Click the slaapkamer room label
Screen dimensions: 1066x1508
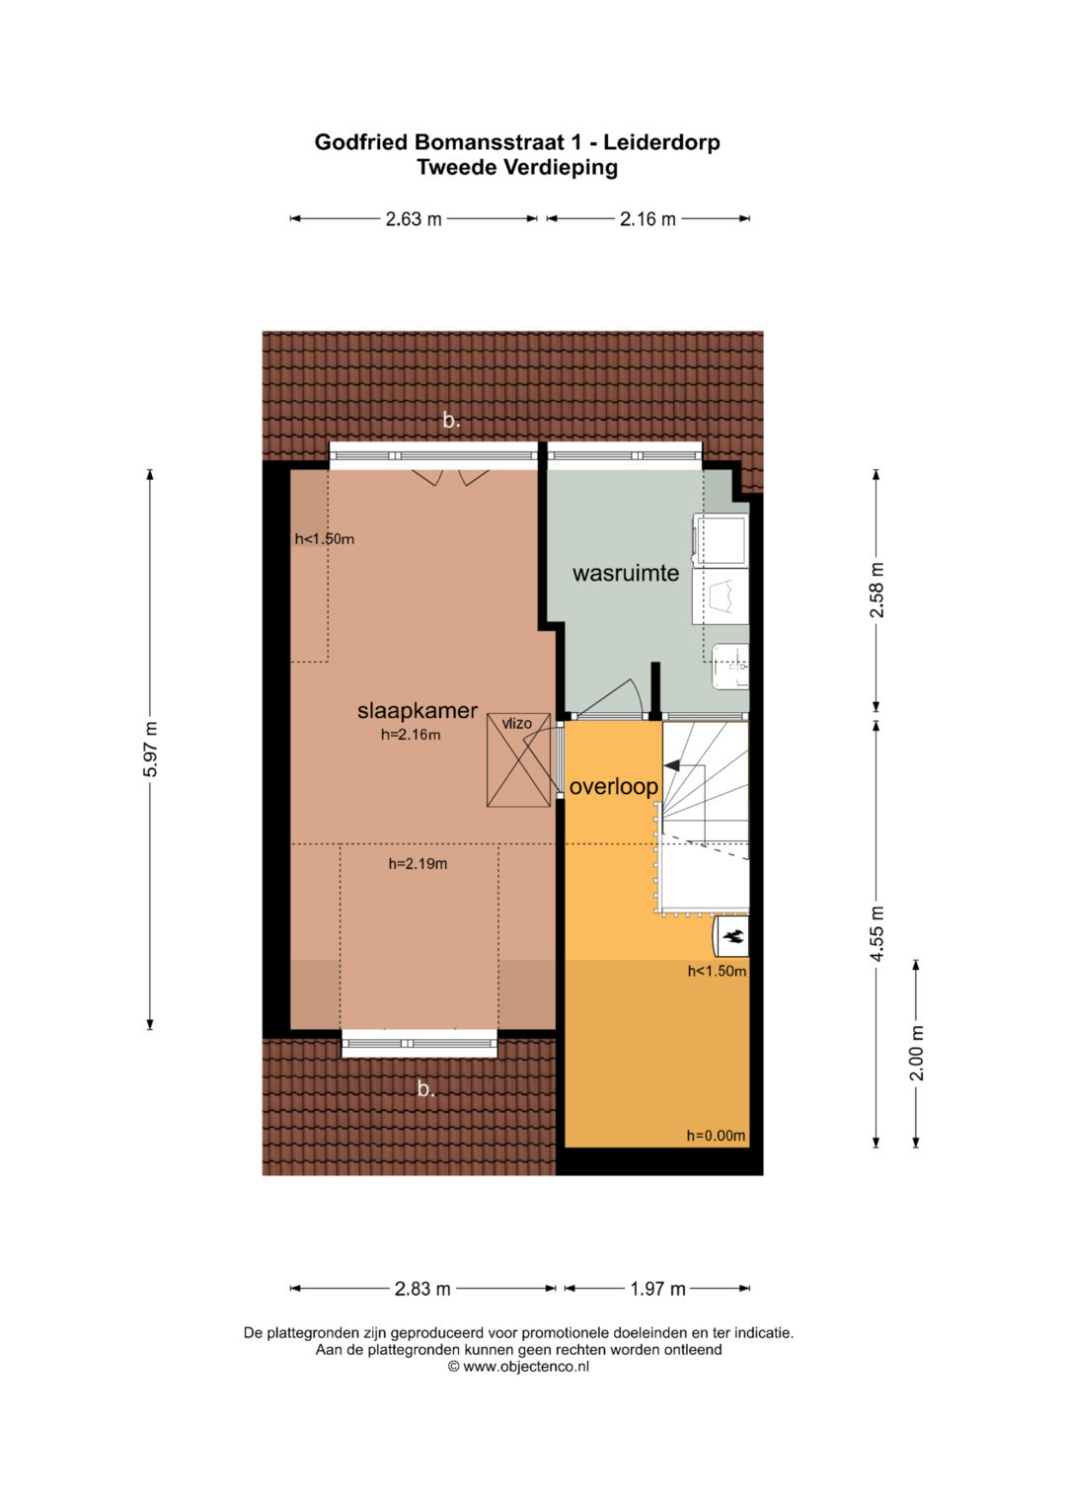418,710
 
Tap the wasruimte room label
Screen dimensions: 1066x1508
625,574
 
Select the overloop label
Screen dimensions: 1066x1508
613,786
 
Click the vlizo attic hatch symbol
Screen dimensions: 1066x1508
518,760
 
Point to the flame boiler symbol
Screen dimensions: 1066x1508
732,935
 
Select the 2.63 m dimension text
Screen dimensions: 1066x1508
414,219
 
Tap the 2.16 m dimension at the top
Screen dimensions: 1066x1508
647,219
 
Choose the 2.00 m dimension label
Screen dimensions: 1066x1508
916,1053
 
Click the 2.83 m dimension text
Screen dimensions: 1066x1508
422,1289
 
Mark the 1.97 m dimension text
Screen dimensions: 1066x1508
657,1289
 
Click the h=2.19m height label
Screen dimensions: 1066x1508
418,864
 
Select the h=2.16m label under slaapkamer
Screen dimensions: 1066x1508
412,735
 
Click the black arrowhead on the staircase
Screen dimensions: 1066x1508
671,765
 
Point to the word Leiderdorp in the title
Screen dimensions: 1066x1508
661,143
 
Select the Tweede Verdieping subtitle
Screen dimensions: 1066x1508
517,167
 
